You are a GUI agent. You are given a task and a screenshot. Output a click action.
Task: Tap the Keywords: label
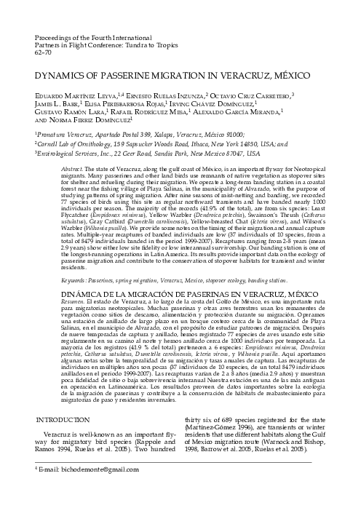click(74, 279)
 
